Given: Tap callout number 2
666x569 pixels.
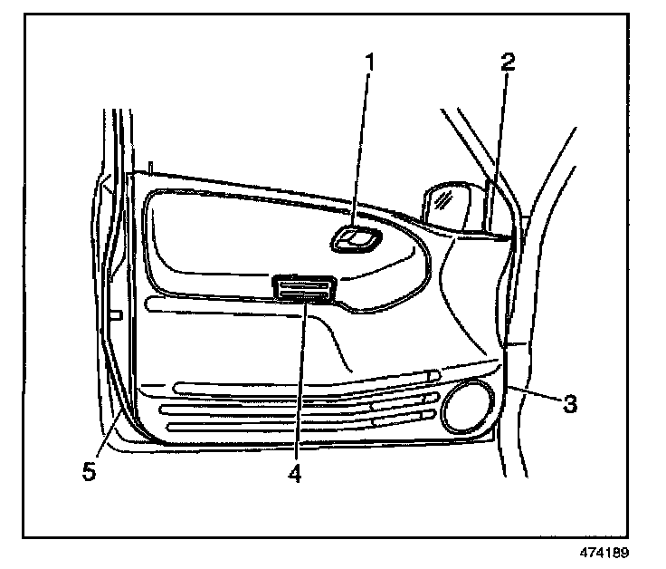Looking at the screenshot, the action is pos(509,63).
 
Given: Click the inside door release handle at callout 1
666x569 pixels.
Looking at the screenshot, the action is pos(356,239).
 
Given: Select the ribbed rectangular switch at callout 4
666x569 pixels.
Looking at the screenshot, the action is pos(306,288).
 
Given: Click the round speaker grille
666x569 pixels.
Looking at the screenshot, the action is pos(467,406).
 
